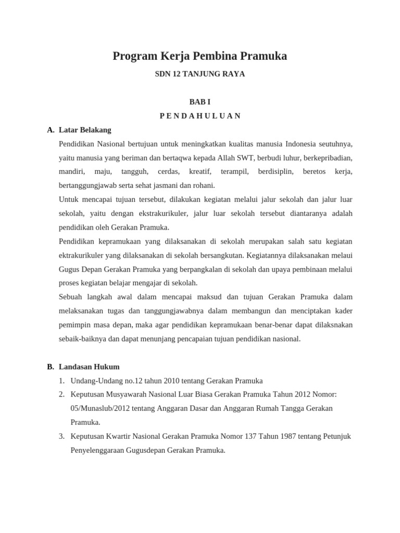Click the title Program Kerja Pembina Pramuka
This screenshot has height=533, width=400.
click(x=199, y=56)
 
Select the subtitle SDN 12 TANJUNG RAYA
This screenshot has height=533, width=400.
click(x=199, y=74)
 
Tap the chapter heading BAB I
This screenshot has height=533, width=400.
click(x=199, y=102)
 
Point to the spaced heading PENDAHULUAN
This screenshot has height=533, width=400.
click(x=199, y=116)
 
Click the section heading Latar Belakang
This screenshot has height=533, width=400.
click(x=85, y=130)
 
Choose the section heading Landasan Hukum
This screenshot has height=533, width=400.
click(x=89, y=366)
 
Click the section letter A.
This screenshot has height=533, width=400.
click(x=51, y=130)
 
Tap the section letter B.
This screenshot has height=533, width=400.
click(x=51, y=366)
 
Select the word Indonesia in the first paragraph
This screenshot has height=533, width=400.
click(x=300, y=144)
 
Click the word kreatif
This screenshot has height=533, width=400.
click(x=199, y=171)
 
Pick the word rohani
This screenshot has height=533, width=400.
click(x=203, y=185)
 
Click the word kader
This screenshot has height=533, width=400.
click(x=343, y=311)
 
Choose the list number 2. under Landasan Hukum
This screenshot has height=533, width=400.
click(x=62, y=395)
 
